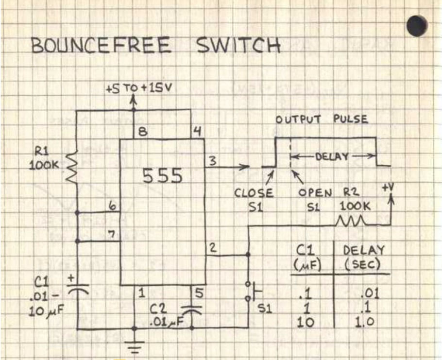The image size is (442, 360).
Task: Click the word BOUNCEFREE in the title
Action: pos(101,46)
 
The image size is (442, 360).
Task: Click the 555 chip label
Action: pos(162,176)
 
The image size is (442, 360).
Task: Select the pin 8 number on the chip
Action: pos(142,132)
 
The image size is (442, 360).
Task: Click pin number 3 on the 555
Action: pos(212,162)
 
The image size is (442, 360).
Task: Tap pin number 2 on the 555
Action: pos(212,247)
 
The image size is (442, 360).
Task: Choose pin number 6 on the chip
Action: pos(112,206)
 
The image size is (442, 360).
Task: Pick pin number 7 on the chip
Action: pos(112,234)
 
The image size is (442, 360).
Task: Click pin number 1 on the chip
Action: pos(141,293)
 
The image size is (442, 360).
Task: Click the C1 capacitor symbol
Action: pos(78,291)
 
